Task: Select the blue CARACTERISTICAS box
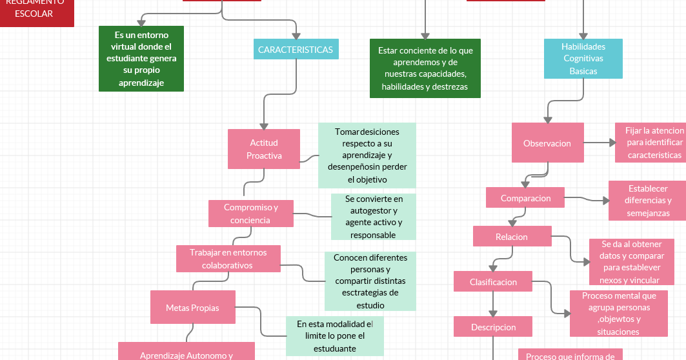296,50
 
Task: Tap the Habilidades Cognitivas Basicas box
583,59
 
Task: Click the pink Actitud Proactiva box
263,149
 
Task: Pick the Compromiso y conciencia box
250,214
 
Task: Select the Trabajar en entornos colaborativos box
228,259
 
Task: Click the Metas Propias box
192,307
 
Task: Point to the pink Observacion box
547,143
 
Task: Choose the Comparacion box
525,198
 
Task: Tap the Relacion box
512,237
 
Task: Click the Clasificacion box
493,282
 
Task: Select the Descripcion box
493,327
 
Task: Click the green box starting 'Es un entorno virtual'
141,59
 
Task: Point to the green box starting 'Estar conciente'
425,68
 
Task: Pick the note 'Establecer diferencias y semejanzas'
647,201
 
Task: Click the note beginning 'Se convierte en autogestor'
373,217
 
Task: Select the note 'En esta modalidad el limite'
334,335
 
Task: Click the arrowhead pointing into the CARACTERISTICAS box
296,35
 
